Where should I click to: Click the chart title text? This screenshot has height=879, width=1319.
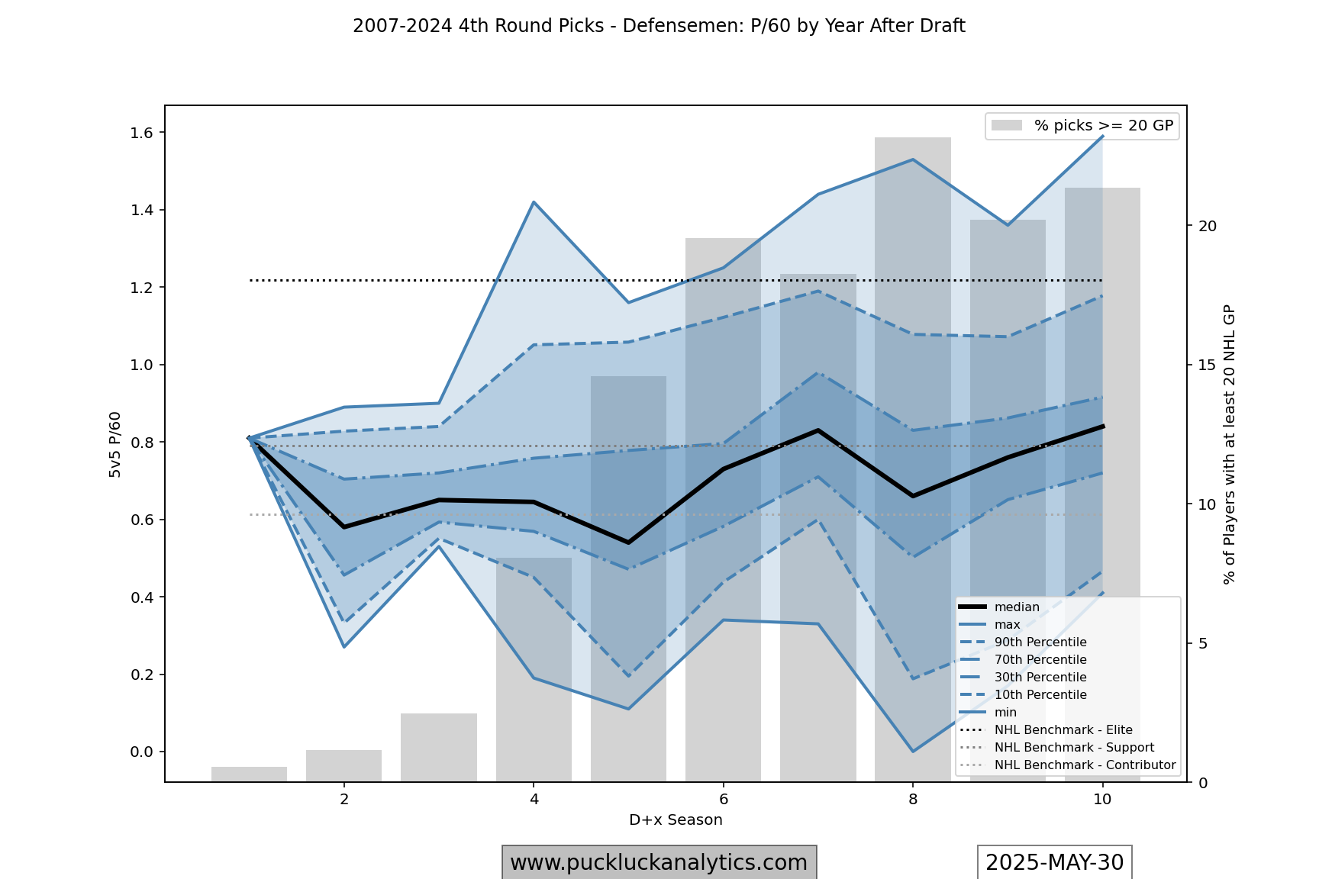tap(659, 26)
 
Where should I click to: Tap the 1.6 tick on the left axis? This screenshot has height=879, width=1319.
tap(142, 133)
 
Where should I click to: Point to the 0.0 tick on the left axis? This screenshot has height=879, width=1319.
tap(142, 752)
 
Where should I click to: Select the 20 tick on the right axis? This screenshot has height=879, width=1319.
tap(1208, 226)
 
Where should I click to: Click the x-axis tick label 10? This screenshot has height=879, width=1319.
tap(1102, 799)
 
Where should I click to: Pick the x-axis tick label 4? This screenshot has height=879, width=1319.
tap(534, 799)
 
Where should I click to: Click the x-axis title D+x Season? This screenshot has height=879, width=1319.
tap(676, 820)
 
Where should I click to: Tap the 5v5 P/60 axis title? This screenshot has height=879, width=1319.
tap(115, 445)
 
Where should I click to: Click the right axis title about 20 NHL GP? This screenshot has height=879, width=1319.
tap(1229, 445)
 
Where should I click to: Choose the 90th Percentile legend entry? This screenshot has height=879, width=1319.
tap(1040, 642)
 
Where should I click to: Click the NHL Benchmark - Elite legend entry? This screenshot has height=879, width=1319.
tap(1063, 730)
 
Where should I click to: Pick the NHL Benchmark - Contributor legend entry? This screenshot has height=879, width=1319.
tap(1084, 765)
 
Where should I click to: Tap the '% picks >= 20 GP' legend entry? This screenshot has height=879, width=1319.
tap(1103, 126)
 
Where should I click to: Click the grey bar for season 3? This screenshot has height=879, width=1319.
tap(439, 748)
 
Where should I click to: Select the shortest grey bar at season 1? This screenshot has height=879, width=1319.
tap(249, 774)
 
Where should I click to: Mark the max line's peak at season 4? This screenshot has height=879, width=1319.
tap(534, 202)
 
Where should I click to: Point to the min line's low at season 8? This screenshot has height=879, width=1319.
tap(913, 752)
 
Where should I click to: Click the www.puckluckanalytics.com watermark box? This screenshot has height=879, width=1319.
tap(659, 863)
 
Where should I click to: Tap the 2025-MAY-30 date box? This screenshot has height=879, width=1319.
tap(1054, 863)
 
